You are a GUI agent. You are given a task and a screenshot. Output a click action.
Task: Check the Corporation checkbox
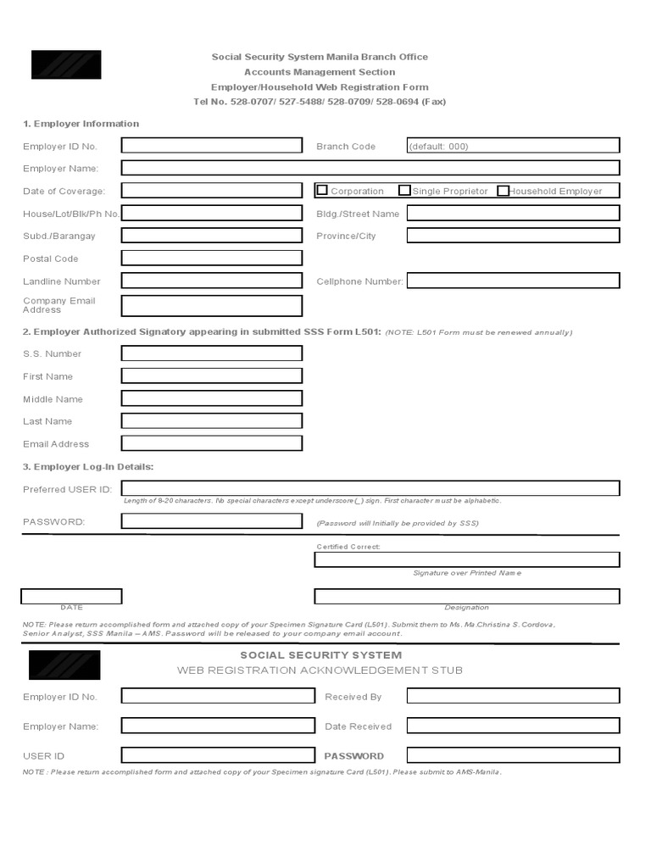322,191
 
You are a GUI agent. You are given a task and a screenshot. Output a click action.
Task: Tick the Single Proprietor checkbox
404,191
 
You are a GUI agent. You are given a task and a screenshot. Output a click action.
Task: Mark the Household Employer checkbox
504,191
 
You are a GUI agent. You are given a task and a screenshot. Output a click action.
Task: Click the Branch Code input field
513,146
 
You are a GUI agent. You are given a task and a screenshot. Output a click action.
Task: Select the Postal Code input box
212,258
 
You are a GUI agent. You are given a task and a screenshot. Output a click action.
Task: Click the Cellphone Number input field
513,281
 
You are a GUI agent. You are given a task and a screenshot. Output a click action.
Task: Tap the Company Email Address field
212,305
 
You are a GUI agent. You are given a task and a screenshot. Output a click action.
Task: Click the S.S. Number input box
212,353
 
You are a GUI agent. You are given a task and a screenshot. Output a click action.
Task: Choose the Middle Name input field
212,398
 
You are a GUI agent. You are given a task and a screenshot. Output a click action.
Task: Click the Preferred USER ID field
370,488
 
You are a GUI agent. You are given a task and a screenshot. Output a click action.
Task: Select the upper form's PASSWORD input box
212,521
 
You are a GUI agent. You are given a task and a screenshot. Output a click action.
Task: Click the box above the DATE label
71,597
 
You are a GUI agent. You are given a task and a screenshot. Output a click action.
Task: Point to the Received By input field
513,696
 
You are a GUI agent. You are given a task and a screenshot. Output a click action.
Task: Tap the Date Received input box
513,726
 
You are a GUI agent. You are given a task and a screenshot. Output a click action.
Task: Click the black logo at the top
66,64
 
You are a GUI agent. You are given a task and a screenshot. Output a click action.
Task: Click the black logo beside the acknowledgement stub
64,665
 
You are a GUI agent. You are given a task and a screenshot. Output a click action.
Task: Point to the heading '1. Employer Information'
81,124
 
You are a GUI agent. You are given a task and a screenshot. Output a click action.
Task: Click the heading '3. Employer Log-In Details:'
88,467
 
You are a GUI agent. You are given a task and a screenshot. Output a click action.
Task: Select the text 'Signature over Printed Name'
467,573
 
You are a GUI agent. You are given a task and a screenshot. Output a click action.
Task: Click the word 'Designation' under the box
466,608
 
